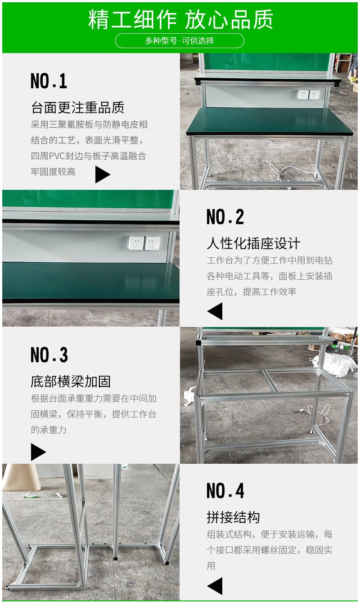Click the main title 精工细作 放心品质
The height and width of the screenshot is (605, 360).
click(x=180, y=20)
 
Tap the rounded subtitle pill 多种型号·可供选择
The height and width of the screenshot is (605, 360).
click(x=180, y=40)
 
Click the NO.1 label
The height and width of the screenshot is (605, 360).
click(x=49, y=81)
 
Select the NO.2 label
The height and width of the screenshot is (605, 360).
click(x=225, y=217)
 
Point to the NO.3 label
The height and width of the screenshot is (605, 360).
click(x=49, y=355)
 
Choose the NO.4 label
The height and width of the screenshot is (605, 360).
click(x=225, y=491)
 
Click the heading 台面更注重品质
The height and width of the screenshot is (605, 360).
click(x=77, y=108)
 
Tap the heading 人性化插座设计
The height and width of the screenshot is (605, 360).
click(x=253, y=244)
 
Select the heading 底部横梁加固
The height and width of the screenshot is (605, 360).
click(x=71, y=381)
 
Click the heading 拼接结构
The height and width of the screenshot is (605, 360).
click(x=233, y=517)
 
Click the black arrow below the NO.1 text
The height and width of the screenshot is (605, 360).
click(x=102, y=175)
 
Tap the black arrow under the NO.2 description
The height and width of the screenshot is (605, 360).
click(x=215, y=311)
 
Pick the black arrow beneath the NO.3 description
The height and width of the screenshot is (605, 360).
click(x=38, y=452)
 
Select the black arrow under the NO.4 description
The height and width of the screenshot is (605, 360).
click(x=215, y=586)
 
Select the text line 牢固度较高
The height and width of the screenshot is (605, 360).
click(x=53, y=172)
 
